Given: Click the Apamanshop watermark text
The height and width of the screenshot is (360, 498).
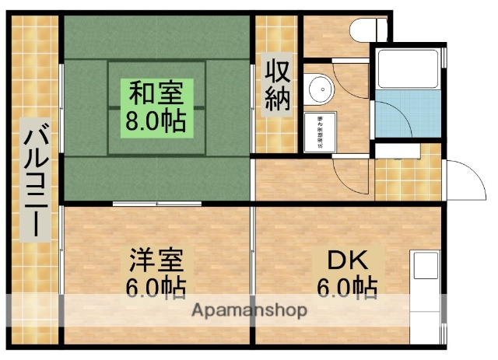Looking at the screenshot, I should pos(249,309).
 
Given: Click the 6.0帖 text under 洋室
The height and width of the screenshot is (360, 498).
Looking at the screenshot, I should pos(156,287).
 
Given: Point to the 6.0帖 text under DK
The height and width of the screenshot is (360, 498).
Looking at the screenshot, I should pos(347,287).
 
